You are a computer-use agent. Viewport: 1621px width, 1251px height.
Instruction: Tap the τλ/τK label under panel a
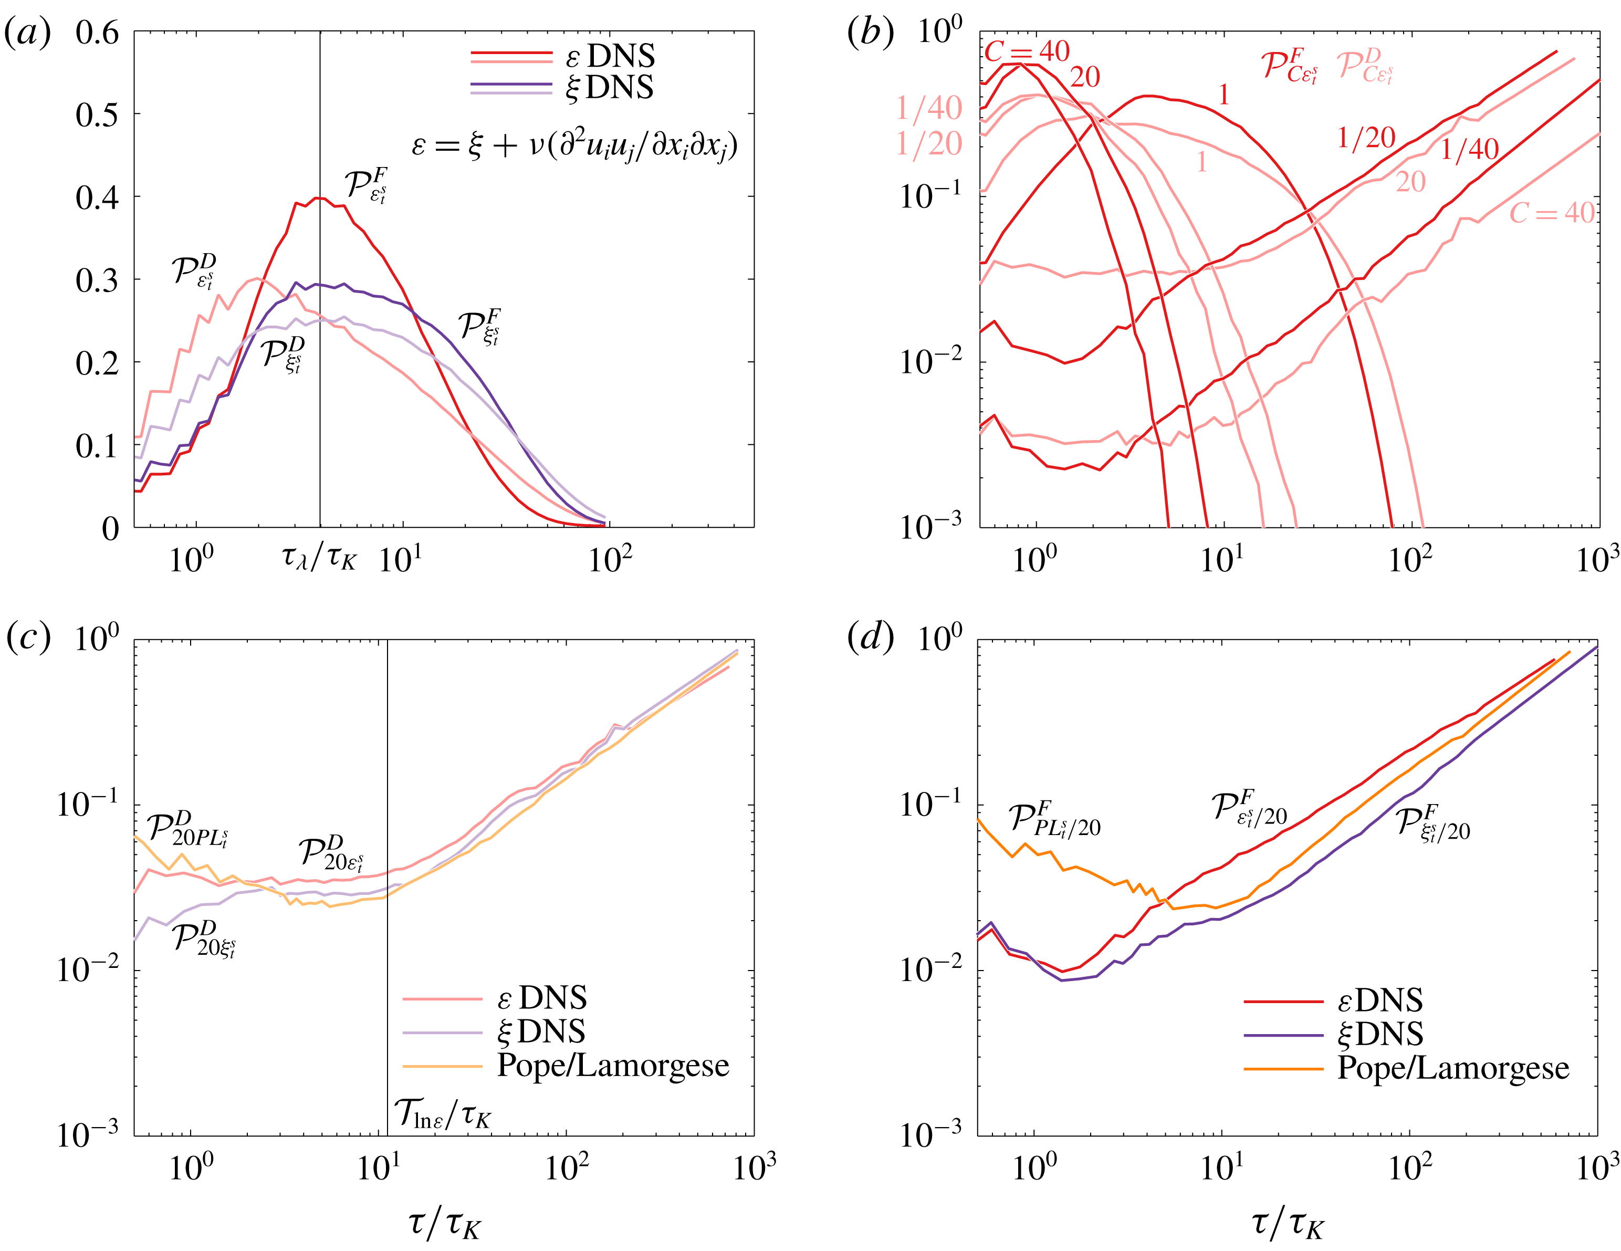click(319, 557)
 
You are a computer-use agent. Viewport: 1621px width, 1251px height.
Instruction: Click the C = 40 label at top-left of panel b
click(1027, 52)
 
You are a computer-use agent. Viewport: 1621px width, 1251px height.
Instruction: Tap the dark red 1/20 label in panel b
click(1366, 138)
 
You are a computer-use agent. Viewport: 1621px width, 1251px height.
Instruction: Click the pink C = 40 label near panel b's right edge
click(1551, 214)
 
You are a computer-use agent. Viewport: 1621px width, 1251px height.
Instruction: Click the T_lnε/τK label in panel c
click(442, 1113)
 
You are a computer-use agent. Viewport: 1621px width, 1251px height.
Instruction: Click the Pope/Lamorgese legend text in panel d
click(1452, 1068)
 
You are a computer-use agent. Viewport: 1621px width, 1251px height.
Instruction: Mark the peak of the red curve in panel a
click(318, 197)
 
